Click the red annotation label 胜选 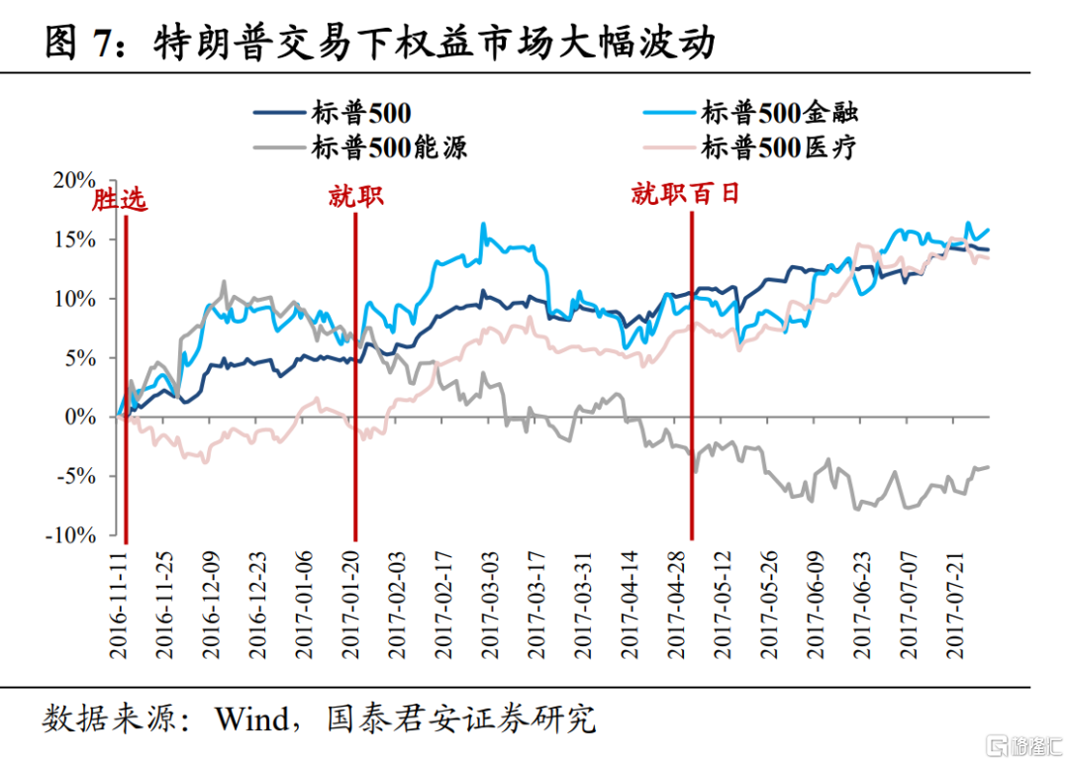pyautogui.click(x=120, y=200)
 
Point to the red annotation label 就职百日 pyautogui.click(x=686, y=193)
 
